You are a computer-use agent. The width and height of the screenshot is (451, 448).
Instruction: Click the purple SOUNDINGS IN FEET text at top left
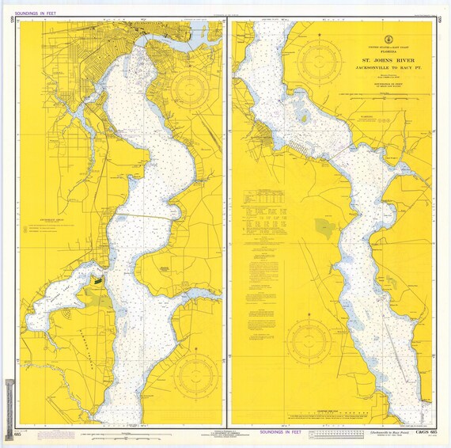pyautogui.click(x=36, y=9)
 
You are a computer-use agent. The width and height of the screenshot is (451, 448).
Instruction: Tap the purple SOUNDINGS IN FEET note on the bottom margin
pyautogui.click(x=275, y=432)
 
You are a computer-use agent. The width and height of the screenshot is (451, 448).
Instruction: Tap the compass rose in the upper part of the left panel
pyautogui.click(x=191, y=89)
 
